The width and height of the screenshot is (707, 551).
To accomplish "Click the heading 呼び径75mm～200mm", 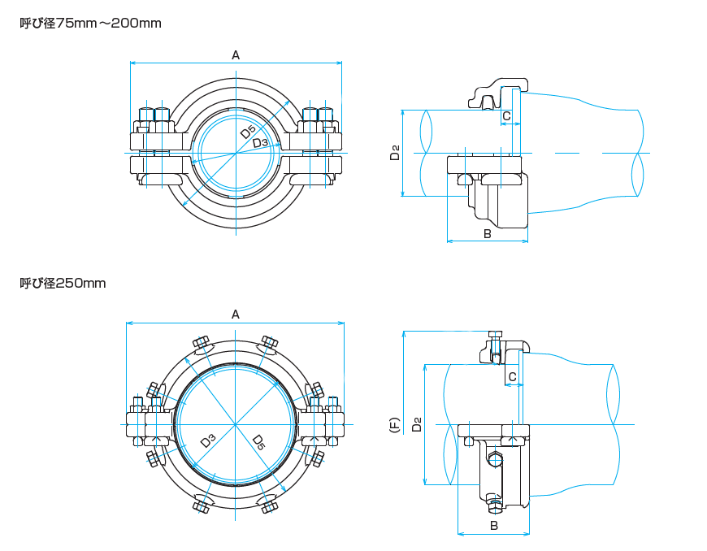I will tap(90, 23).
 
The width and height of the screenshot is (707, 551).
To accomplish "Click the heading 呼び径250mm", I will tap(63, 283).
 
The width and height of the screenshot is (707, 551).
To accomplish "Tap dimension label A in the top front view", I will tap(236, 55).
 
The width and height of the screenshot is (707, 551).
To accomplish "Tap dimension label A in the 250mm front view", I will tap(236, 315).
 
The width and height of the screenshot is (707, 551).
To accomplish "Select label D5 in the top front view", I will tap(248, 132).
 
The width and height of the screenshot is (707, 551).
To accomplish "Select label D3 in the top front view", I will tap(260, 144).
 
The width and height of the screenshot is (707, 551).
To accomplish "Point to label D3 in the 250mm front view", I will tap(208, 441).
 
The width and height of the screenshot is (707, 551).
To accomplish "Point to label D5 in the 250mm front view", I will tap(258, 442).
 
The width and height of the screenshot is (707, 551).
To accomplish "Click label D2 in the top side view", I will tap(395, 152).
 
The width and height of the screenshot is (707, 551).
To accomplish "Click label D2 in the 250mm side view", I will tap(416, 424).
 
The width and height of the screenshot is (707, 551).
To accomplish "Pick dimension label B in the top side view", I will tap(487, 234).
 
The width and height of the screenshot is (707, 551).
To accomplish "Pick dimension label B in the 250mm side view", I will tap(493, 526).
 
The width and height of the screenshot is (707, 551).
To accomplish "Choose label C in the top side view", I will tap(506, 116).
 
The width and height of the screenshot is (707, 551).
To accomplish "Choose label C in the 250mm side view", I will tap(512, 376).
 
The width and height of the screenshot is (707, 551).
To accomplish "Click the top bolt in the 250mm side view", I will tap(495, 336).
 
